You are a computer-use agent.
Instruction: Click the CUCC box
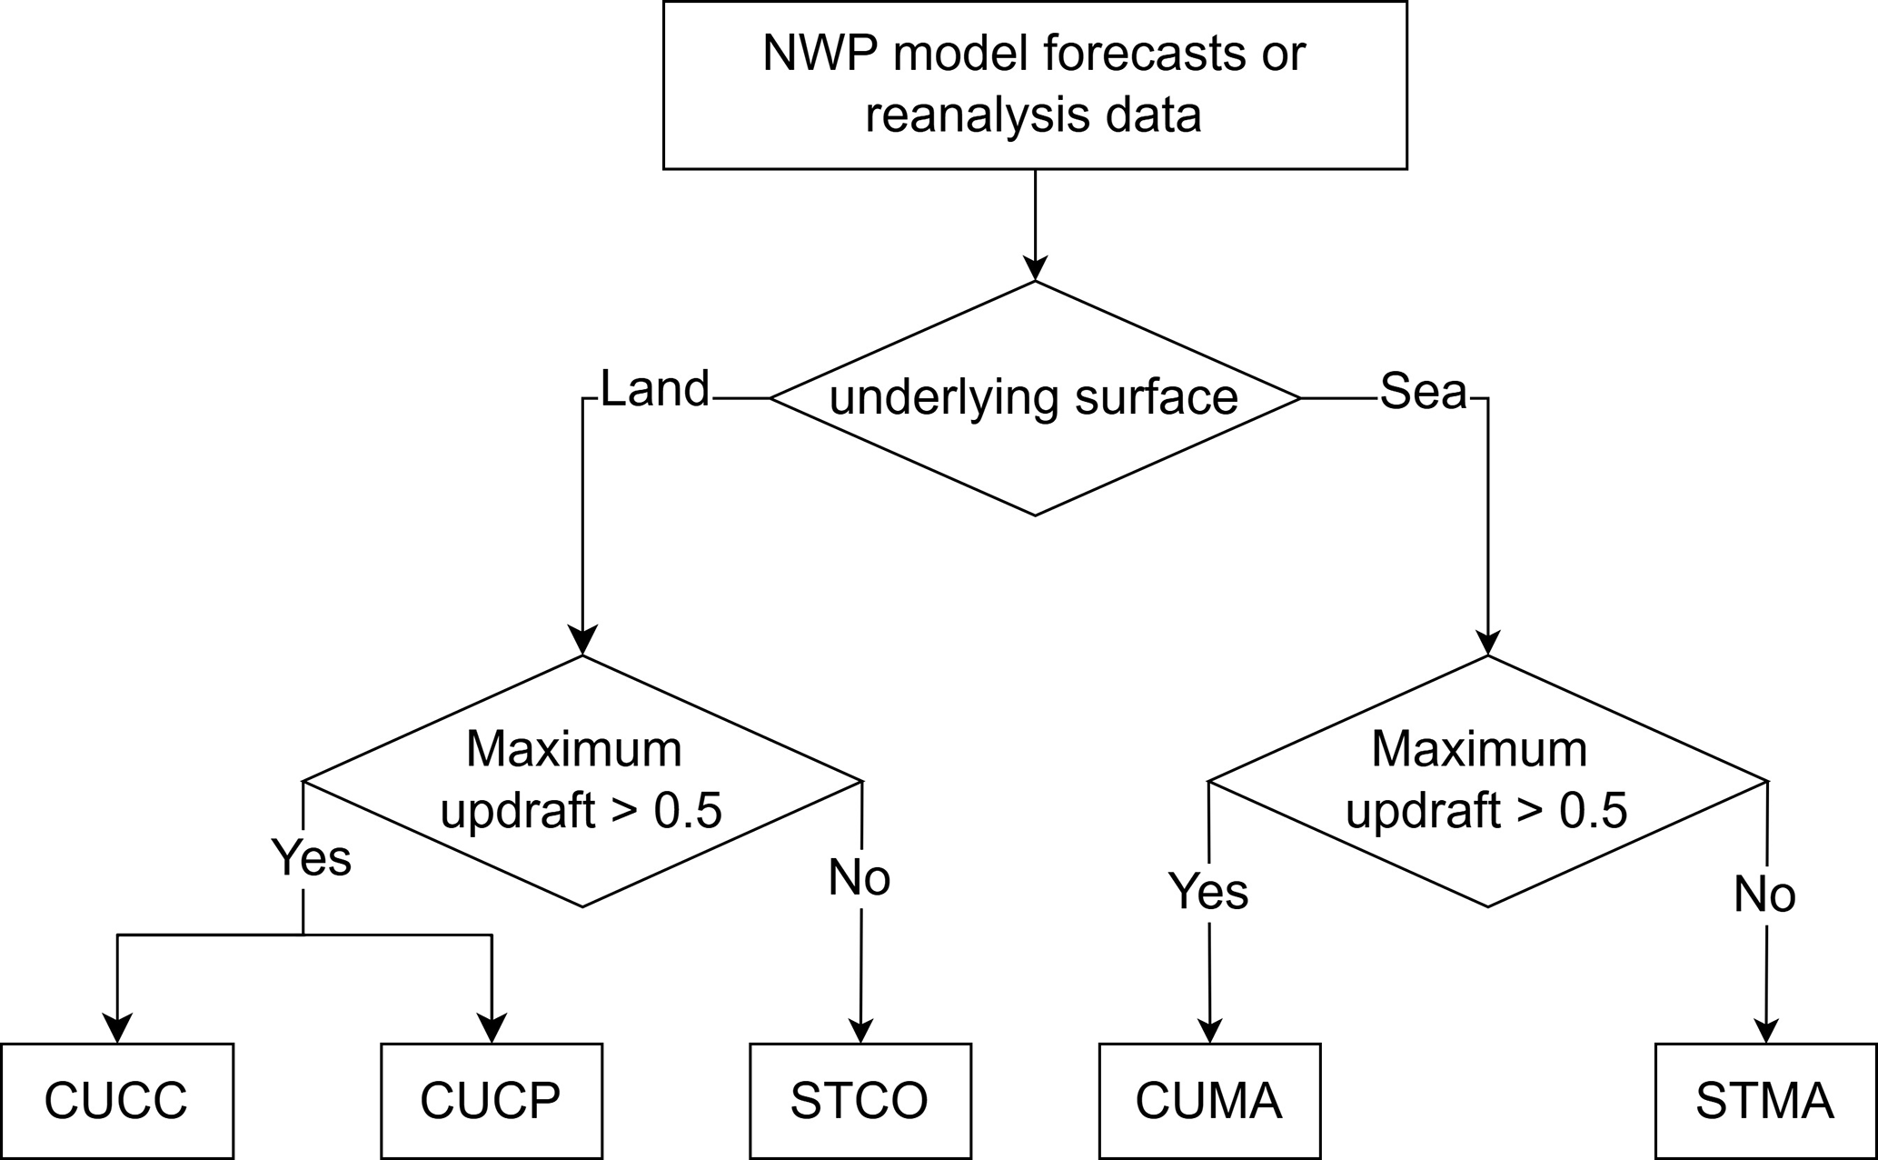coord(116,1101)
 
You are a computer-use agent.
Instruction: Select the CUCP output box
coord(491,1101)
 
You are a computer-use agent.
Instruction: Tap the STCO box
coord(860,1101)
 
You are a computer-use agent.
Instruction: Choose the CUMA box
coord(1209,1101)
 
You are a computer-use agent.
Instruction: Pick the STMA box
coord(1765,1101)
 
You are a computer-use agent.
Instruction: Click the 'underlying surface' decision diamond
coord(1035,398)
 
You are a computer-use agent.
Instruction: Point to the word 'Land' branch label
coord(654,389)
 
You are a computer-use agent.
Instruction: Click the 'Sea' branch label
coord(1424,391)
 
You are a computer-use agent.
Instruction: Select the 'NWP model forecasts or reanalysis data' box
coord(1035,85)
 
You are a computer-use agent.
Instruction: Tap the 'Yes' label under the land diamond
coord(312,857)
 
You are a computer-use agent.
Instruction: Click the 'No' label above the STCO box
coord(860,878)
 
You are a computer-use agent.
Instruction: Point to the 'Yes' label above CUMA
coord(1208,891)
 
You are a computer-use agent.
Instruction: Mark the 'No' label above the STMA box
coord(1764,895)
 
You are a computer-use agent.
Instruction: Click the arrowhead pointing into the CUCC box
coord(117,1028)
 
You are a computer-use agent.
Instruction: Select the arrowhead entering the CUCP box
coord(492,1028)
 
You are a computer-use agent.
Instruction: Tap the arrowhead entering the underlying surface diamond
coord(1035,266)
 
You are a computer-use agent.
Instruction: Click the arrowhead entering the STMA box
coord(1765,1028)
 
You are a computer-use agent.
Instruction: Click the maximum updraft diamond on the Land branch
coord(582,781)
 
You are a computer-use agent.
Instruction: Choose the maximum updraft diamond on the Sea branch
coord(1487,781)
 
